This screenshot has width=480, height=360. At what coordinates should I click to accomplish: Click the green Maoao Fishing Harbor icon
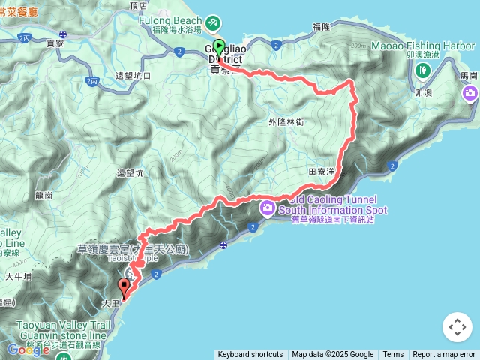click(422, 71)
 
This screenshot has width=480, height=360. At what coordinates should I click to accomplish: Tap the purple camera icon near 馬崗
click(470, 94)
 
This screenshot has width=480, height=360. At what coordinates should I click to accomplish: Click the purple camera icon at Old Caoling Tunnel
click(267, 207)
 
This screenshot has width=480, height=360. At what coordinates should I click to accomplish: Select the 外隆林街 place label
click(285, 122)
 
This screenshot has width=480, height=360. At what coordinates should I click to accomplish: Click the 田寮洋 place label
click(321, 172)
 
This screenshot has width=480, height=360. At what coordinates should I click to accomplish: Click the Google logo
click(28, 349)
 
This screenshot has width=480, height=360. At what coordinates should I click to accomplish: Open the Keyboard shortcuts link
click(250, 355)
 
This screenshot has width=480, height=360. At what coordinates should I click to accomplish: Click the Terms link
click(393, 355)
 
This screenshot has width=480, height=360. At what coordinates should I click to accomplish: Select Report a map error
click(444, 355)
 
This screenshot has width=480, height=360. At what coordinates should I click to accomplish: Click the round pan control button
click(457, 327)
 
